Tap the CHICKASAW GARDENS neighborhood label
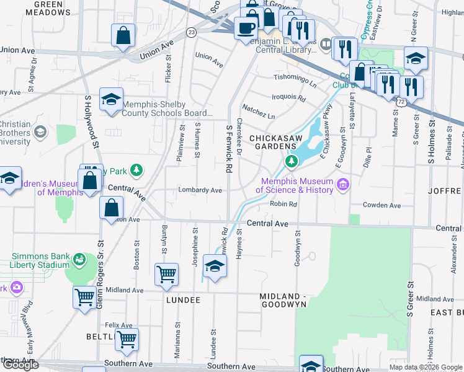(x=273, y=141)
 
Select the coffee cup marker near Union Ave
(x=246, y=28)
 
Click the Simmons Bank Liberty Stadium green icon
(x=79, y=259)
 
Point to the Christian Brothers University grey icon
(x=40, y=131)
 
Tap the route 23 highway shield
(x=192, y=32)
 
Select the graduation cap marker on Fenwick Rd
(x=215, y=267)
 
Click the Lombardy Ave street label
(x=200, y=190)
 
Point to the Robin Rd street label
(x=284, y=204)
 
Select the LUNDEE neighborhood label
(x=183, y=299)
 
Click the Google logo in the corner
(x=20, y=365)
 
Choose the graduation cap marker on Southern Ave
(x=311, y=364)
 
